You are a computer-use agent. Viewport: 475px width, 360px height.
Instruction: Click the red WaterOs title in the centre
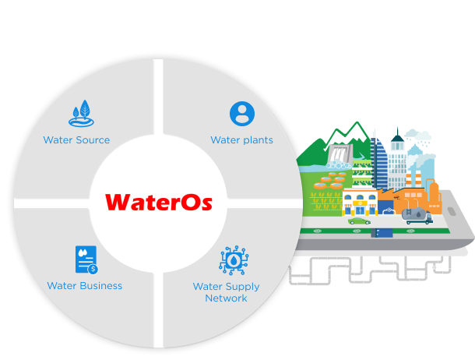pyautogui.click(x=158, y=202)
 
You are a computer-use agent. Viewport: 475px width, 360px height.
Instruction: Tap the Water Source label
pyautogui.click(x=76, y=140)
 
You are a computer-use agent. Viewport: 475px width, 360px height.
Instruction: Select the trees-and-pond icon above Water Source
pyautogui.click(x=81, y=113)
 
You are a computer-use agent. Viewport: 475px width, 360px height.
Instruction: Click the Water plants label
pyautogui.click(x=241, y=140)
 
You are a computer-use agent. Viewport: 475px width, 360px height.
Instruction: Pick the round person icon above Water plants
pyautogui.click(x=242, y=114)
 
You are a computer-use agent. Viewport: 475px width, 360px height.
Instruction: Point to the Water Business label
pyautogui.click(x=85, y=286)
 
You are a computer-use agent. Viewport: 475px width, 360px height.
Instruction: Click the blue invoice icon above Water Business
pyautogui.click(x=86, y=259)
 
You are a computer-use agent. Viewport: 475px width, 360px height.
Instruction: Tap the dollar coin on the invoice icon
pyautogui.click(x=93, y=269)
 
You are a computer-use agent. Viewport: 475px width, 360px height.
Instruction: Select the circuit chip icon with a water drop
pyautogui.click(x=234, y=260)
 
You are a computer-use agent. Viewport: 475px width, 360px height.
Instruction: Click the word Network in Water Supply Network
pyautogui.click(x=226, y=298)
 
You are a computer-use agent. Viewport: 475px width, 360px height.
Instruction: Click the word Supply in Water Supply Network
pyautogui.click(x=243, y=287)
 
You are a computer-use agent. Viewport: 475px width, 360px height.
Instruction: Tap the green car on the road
pyautogui.click(x=359, y=221)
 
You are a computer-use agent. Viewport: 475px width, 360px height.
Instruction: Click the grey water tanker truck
pyautogui.click(x=417, y=216)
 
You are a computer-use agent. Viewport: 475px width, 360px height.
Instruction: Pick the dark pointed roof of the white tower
pyautogui.click(x=397, y=135)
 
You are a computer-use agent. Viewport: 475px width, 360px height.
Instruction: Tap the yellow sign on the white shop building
pyautogui.click(x=360, y=203)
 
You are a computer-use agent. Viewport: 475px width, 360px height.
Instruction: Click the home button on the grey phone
pyautogui.click(x=452, y=211)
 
